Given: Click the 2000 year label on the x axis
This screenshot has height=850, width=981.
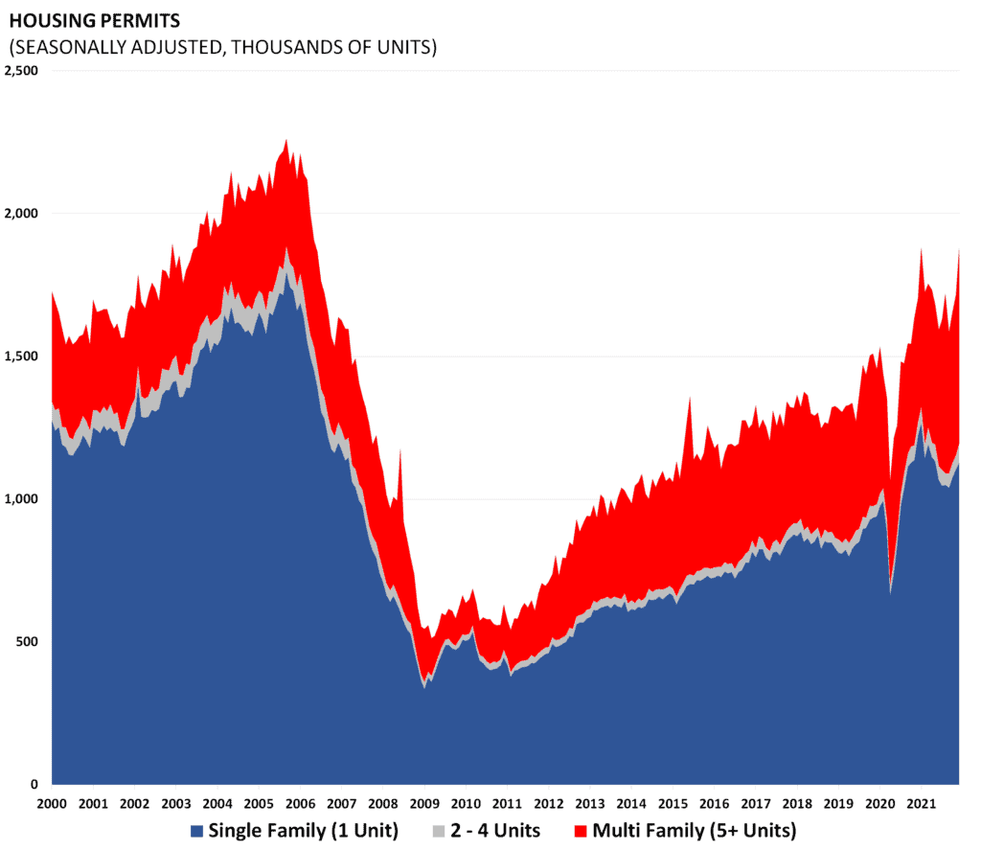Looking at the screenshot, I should coord(52,802).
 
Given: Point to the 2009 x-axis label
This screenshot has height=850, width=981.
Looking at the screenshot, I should coord(424,802).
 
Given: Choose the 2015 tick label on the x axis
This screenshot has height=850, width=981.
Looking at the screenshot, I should coord(673,802).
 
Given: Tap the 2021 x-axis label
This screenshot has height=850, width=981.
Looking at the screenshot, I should coord(921,802).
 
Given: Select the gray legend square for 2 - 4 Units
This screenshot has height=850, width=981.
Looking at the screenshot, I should coord(441,830).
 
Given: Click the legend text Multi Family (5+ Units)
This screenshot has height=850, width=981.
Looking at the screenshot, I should coord(692,829).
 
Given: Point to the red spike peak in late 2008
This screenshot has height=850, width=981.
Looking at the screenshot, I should coord(399,450).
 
